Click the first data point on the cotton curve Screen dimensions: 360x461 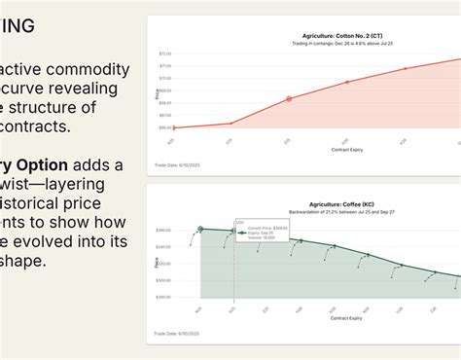click(x=173, y=127)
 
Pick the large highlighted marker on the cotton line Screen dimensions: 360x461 click(x=288, y=99)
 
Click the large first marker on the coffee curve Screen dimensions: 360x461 click(x=200, y=230)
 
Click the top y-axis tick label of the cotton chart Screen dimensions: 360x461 click(x=164, y=54)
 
